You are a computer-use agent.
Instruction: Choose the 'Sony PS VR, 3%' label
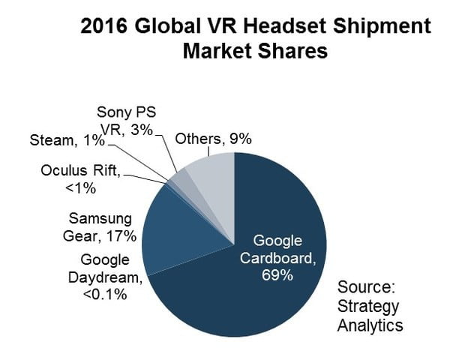[125, 121]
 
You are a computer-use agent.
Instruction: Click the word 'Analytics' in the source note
[370, 325]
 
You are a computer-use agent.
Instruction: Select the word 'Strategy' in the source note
[368, 306]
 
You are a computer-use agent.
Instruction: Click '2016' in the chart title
[103, 27]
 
